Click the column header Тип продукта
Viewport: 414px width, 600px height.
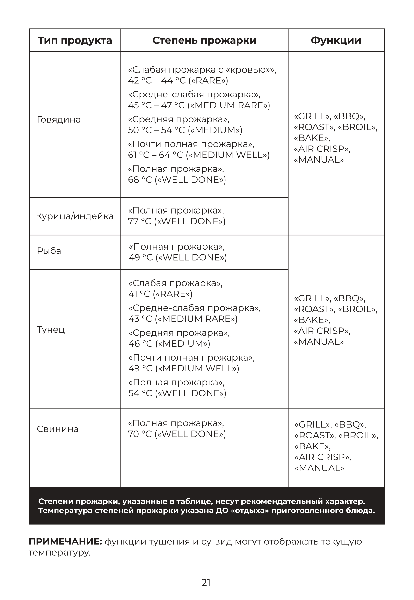(x=75, y=40)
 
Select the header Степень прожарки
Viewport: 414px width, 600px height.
(x=204, y=40)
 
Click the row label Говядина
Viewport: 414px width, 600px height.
(x=59, y=120)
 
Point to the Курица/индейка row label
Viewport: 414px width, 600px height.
(x=75, y=216)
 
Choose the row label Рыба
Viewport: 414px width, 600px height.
(x=49, y=251)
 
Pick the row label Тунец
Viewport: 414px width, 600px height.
(x=51, y=330)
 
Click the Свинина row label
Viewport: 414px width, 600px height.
(x=58, y=429)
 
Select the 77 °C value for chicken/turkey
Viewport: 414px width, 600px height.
(x=139, y=221)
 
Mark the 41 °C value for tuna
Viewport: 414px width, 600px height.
(x=139, y=294)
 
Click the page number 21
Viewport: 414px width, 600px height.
(x=206, y=583)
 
